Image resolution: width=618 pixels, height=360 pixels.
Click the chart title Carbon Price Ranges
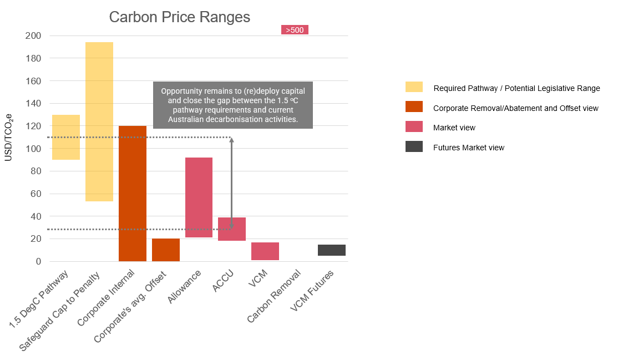click(x=179, y=17)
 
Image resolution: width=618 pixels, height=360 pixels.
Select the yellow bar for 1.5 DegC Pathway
click(x=66, y=137)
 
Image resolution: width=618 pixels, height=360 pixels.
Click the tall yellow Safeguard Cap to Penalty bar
click(x=99, y=121)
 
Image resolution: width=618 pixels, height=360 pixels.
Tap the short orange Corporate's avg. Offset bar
click(x=166, y=250)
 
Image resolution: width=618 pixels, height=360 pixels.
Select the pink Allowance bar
click(x=199, y=197)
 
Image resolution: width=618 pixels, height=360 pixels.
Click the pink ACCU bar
click(x=232, y=229)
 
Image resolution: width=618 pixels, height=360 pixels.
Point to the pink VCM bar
click(x=265, y=251)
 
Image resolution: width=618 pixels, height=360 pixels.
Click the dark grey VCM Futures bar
click(x=332, y=250)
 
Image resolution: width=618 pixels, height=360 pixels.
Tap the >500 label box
click(x=295, y=30)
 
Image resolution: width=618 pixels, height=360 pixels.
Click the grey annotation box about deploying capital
click(x=233, y=105)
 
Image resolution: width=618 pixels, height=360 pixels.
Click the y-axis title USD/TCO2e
click(x=9, y=137)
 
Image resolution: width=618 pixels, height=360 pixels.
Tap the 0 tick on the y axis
click(x=38, y=261)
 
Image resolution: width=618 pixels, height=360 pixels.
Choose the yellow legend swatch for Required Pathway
click(x=414, y=87)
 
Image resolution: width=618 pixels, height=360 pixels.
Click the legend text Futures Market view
click(x=469, y=148)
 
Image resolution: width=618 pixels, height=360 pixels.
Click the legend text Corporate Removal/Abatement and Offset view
click(x=515, y=108)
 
